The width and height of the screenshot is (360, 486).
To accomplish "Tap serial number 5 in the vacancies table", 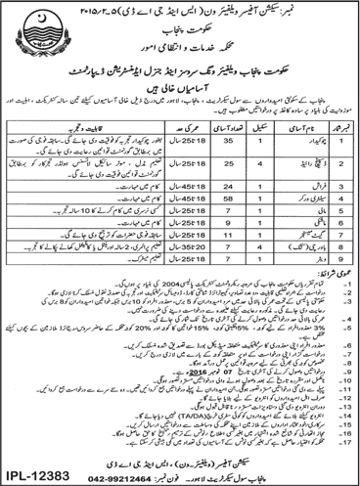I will (342, 210).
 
